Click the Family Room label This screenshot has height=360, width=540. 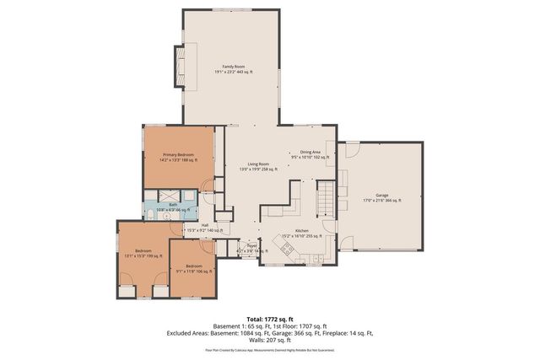tap(234, 69)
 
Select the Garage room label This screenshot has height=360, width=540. tap(382, 197)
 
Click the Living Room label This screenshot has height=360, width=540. tap(258, 167)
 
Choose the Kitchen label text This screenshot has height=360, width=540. tap(301, 234)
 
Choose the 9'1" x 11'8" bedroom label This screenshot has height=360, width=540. tap(191, 269)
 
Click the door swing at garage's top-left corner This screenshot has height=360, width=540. tap(351, 149)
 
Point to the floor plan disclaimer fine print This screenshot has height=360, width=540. tap(269, 348)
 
